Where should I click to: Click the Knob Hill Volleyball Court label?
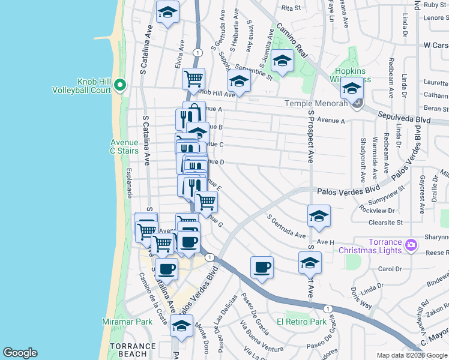[95, 86]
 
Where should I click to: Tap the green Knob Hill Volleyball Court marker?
[120, 86]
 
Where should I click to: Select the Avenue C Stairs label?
[124, 146]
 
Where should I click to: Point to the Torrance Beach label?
[133, 350]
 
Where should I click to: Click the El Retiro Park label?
[301, 322]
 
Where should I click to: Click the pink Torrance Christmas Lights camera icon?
[411, 245]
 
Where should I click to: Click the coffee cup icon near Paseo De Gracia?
[262, 268]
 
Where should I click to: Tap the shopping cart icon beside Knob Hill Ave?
[193, 78]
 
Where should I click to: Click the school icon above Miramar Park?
[181, 326]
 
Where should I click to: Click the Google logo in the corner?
[20, 353]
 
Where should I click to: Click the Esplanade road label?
[129, 183]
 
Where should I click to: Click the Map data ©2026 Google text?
[412, 355]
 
